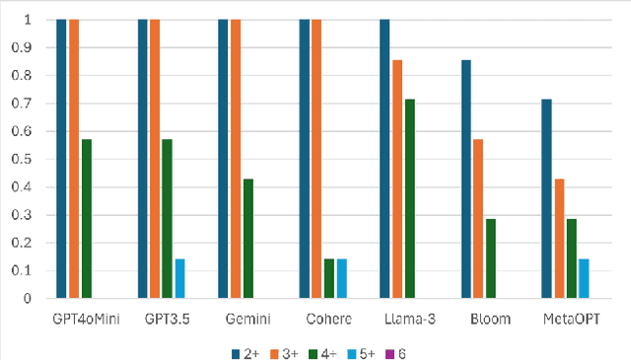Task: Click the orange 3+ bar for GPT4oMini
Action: coord(74,158)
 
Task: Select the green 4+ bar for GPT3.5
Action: coord(168,218)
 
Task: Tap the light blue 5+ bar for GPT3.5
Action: coord(179,278)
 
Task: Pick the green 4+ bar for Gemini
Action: coord(248,238)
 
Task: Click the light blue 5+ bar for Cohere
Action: coord(341,278)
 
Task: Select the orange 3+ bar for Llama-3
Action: coord(397,179)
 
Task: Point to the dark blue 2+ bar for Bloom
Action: coord(466,179)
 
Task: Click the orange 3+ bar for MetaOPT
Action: coord(559,238)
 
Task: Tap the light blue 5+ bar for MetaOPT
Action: coord(584,278)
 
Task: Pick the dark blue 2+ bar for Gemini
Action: coord(224,158)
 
